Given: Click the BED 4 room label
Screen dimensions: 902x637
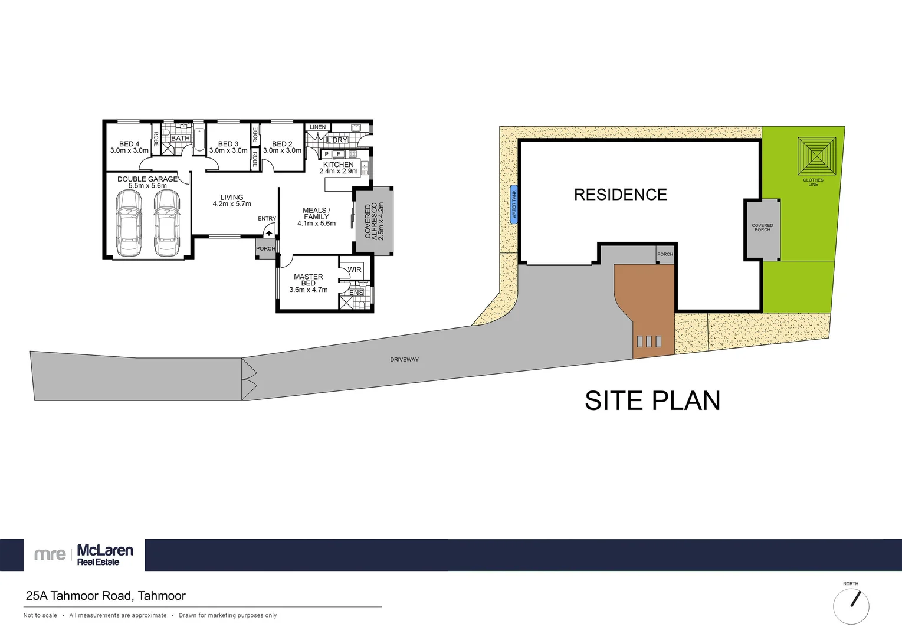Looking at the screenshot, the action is click(x=129, y=147).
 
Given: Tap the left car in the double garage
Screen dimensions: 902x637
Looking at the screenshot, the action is click(x=129, y=223).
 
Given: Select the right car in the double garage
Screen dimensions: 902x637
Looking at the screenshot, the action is click(x=167, y=223).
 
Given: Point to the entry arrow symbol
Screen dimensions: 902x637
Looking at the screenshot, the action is click(x=268, y=233).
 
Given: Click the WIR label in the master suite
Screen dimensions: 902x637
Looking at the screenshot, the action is click(x=355, y=270).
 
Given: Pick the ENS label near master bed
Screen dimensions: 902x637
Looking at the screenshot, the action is click(x=356, y=293).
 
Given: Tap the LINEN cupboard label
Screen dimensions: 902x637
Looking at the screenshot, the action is click(x=318, y=127).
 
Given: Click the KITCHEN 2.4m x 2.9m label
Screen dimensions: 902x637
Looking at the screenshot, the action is click(x=338, y=168).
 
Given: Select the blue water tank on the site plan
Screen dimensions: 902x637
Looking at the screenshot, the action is click(x=513, y=204).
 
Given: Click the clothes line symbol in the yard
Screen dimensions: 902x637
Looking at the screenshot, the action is click(x=816, y=156).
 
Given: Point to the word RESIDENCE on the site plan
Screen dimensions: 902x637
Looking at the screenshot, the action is click(x=621, y=195).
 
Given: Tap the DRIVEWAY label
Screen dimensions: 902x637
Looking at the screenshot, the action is click(x=404, y=360).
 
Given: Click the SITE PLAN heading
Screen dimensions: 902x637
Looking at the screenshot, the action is click(x=652, y=400).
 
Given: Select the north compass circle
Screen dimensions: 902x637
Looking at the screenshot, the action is click(x=851, y=606).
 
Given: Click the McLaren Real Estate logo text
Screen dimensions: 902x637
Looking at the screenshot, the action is click(x=104, y=555).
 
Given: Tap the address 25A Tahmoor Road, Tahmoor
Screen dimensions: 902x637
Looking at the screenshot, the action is click(x=106, y=596).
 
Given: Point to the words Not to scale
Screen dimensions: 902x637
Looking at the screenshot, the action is click(x=40, y=615).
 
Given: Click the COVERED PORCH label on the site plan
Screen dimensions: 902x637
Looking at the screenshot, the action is click(x=762, y=228).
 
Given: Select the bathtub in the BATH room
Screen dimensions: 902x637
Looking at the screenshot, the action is click(x=199, y=140).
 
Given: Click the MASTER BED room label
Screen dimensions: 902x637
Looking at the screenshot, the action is click(x=309, y=283).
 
